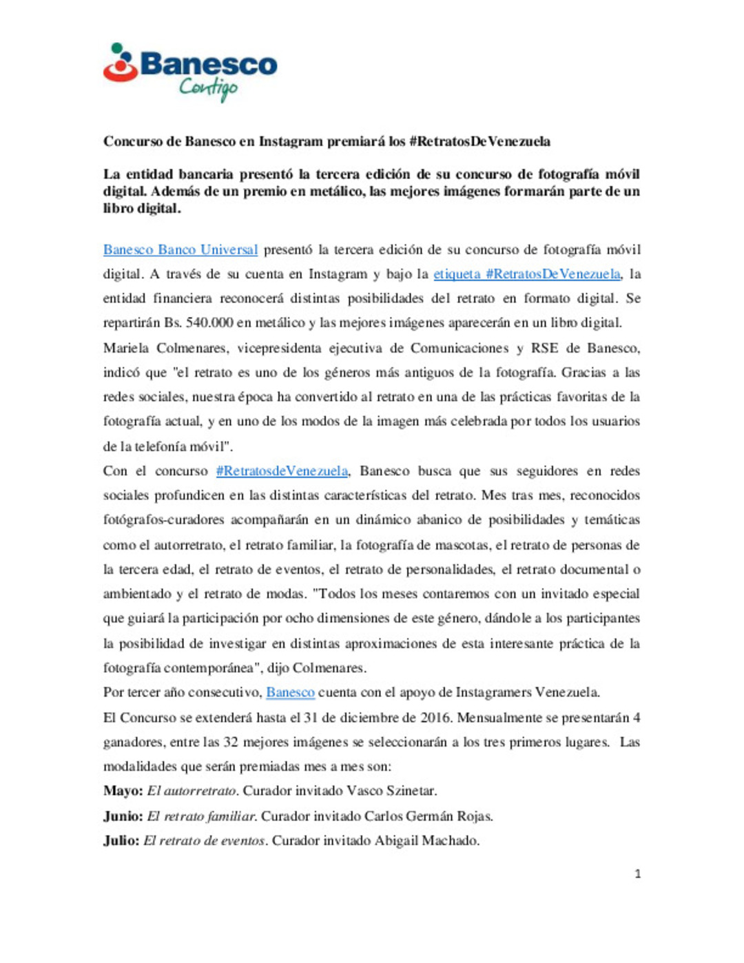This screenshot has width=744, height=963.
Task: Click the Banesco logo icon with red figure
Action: [x=120, y=63]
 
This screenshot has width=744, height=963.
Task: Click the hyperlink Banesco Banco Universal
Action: [x=180, y=249]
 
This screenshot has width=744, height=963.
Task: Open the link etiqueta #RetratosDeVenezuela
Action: [x=527, y=274]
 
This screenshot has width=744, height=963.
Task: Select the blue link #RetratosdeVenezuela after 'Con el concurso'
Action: [x=282, y=471]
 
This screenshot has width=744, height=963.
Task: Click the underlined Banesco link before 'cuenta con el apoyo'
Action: [x=290, y=692]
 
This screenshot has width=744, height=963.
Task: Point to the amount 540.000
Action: [x=209, y=322]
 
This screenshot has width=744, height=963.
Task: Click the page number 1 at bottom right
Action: [x=637, y=874]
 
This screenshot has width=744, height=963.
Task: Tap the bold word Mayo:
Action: [x=123, y=791]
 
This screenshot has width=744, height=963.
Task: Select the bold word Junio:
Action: [x=123, y=816]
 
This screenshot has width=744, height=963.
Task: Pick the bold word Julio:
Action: [x=121, y=841]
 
